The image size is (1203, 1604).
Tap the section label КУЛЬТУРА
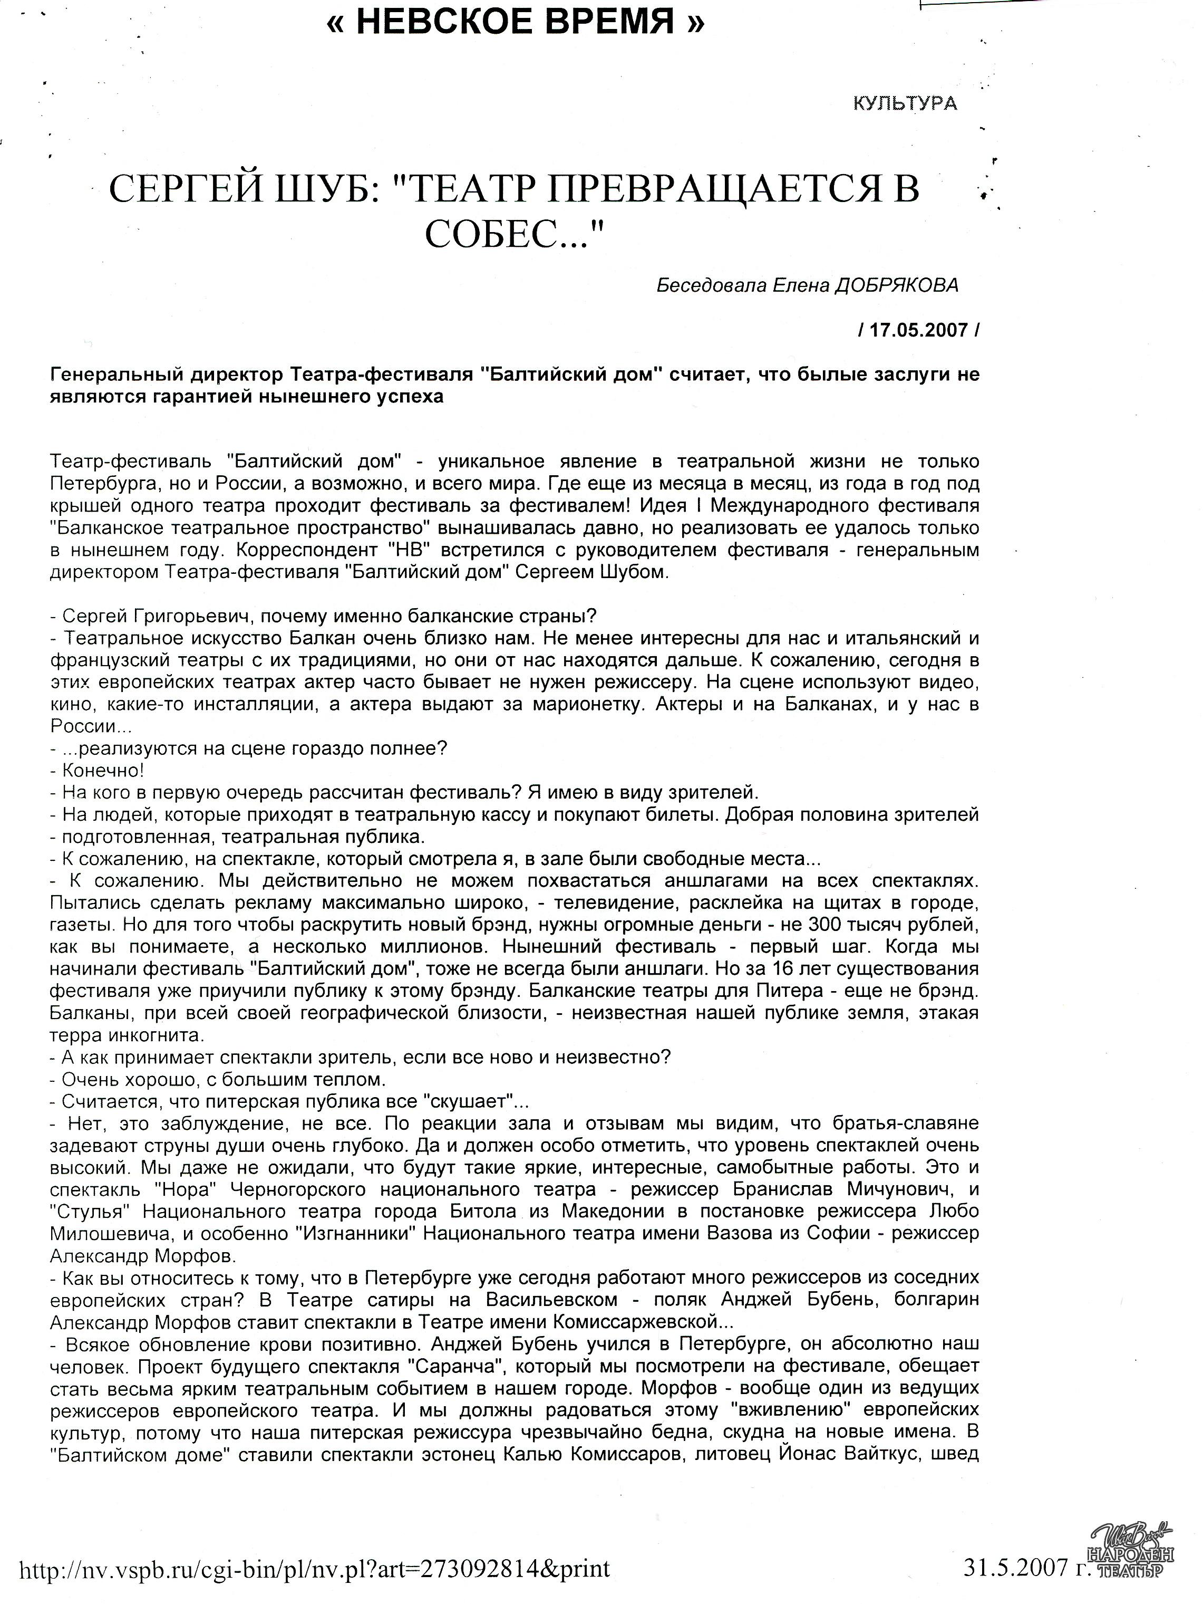pos(905,104)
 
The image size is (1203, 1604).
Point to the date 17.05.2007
pos(918,330)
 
